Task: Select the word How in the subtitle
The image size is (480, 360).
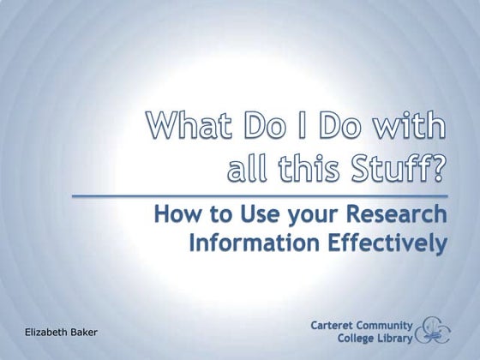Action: click(178, 214)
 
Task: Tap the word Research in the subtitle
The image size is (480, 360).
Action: click(398, 214)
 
